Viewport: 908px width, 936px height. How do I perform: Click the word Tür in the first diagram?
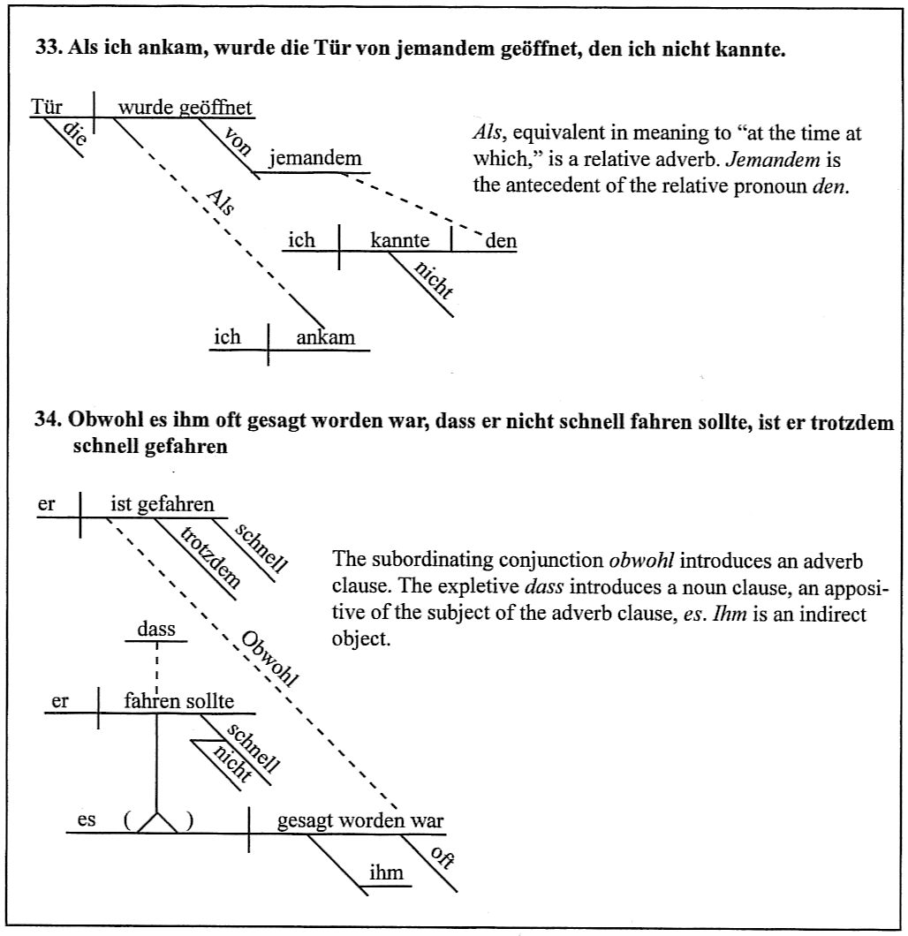point(47,108)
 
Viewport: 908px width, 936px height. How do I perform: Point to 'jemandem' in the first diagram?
point(315,159)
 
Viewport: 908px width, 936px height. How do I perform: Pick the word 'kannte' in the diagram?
point(400,240)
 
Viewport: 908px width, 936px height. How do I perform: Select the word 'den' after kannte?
point(501,240)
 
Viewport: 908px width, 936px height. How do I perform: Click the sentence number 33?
point(47,49)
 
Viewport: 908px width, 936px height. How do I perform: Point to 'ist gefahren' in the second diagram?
point(163,505)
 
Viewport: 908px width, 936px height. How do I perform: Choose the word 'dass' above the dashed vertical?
point(156,630)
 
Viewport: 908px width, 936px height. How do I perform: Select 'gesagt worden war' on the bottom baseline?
point(360,821)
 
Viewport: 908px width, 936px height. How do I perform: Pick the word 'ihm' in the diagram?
point(385,872)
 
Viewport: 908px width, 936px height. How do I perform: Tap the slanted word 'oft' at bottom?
point(442,857)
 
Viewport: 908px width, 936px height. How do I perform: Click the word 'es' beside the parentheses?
point(87,820)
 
